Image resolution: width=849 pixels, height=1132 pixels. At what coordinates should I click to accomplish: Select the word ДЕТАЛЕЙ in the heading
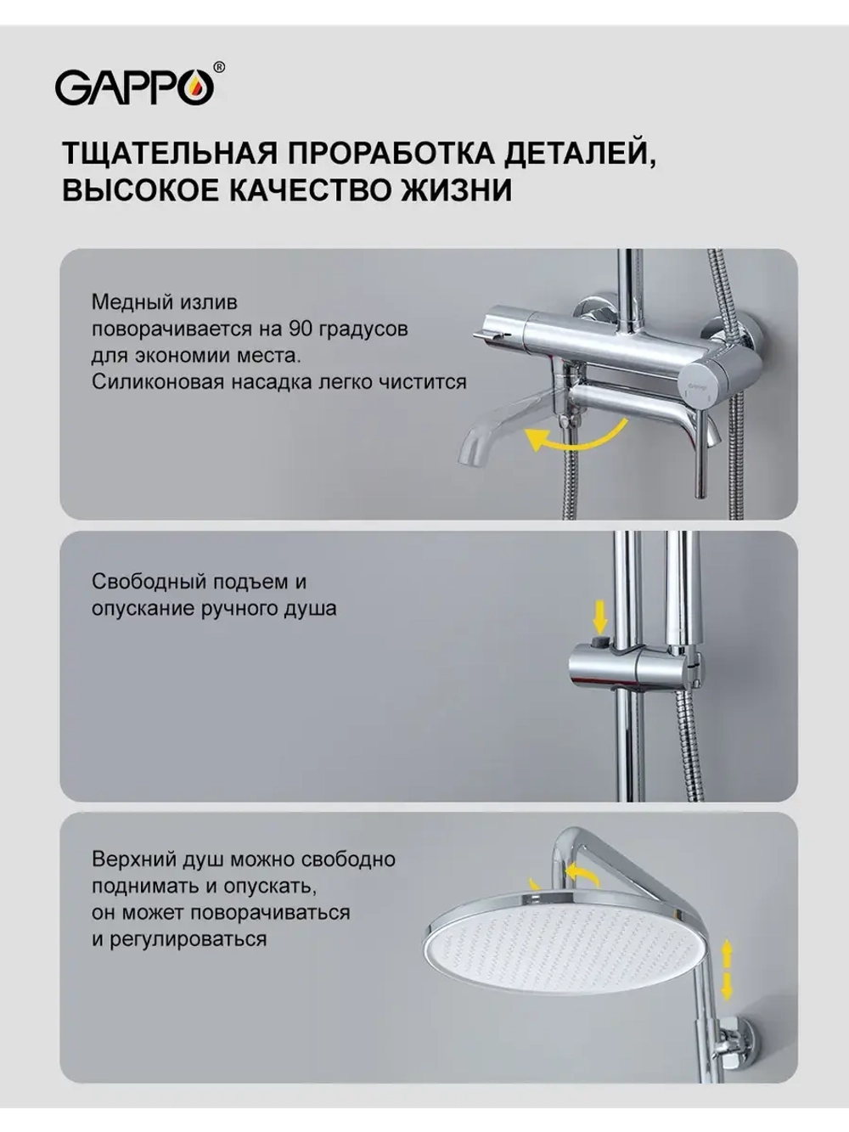[581, 155]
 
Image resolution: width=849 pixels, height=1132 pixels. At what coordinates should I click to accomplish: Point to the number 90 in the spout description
[299, 329]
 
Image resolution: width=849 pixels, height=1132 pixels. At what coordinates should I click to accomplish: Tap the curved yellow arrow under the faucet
[576, 436]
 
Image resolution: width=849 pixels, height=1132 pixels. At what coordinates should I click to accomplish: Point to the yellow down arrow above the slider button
[600, 615]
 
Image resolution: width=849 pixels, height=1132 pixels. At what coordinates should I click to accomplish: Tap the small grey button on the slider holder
[600, 641]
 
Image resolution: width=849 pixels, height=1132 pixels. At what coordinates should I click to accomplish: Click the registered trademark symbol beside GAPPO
[219, 67]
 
